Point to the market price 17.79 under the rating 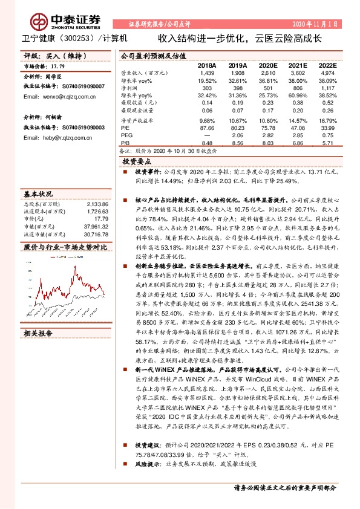pos(58,66)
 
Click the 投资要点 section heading pos(137,163)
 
